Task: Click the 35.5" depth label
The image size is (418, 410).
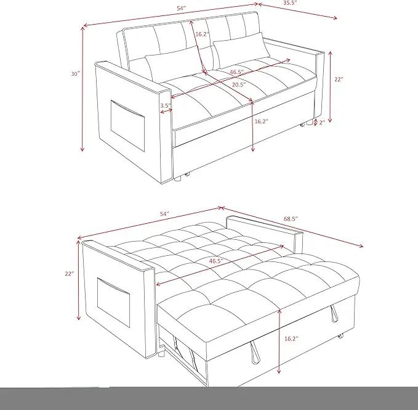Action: [290, 3]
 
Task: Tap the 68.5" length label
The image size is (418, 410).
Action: [291, 219]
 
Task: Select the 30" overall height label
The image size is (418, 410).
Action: [76, 73]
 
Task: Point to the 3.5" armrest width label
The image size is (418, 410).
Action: [166, 105]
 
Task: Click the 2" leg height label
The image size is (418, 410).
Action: [322, 123]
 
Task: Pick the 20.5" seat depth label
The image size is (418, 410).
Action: [239, 85]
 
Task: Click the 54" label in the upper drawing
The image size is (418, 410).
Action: [181, 8]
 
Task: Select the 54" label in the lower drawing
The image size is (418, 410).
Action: [164, 214]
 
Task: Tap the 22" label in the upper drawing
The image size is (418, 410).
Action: [339, 80]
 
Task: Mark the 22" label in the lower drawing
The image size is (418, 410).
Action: [69, 274]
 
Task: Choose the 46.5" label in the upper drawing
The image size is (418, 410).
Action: [237, 72]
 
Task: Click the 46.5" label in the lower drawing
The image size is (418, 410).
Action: [216, 261]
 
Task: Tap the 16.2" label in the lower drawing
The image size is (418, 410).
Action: [291, 338]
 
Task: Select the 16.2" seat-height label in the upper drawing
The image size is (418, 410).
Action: [261, 121]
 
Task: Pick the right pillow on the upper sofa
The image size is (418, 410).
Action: [241, 49]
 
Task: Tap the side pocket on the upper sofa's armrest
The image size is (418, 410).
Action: [127, 125]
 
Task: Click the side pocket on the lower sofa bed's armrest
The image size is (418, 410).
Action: [113, 302]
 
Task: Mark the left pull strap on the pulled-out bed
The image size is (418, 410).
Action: [254, 353]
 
